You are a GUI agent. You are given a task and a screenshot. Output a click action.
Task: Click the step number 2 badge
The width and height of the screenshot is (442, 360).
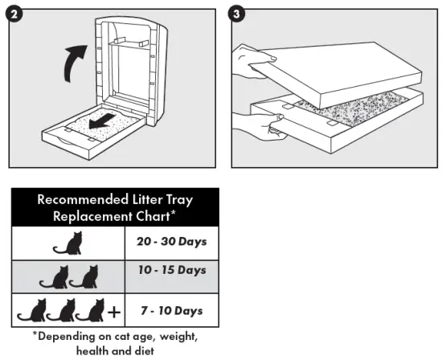[x=15, y=15]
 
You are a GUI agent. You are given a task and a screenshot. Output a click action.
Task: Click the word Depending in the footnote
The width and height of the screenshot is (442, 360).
[x=72, y=335]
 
